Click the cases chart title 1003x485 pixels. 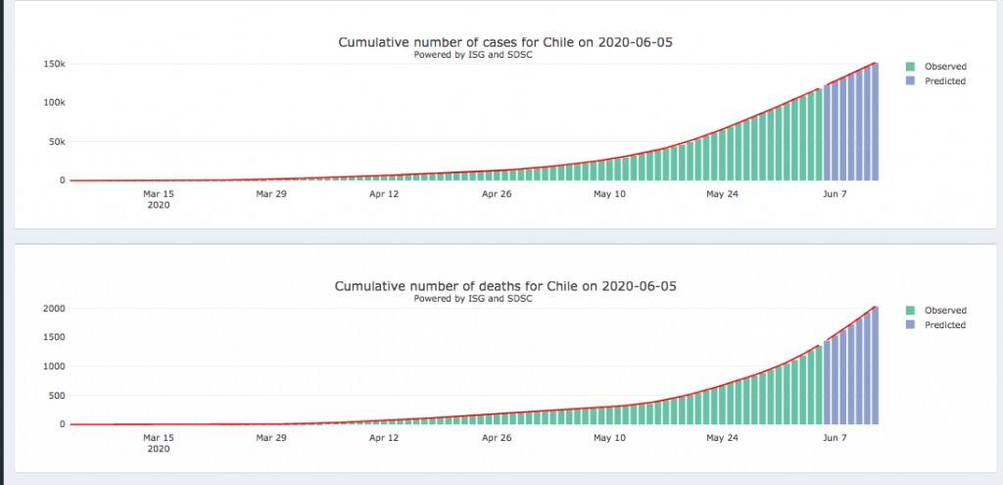tap(505, 42)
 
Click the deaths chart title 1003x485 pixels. tap(505, 286)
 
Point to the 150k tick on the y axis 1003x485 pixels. tap(53, 64)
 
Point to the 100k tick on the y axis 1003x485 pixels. tap(53, 103)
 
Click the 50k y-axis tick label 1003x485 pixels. tap(55, 142)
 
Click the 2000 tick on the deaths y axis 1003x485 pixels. tap(53, 309)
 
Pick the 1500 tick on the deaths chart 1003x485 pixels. tap(53, 337)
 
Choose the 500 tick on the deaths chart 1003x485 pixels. tap(56, 396)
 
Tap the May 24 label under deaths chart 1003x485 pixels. tap(721, 438)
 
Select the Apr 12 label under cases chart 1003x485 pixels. tap(384, 194)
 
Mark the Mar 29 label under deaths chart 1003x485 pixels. tap(271, 438)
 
